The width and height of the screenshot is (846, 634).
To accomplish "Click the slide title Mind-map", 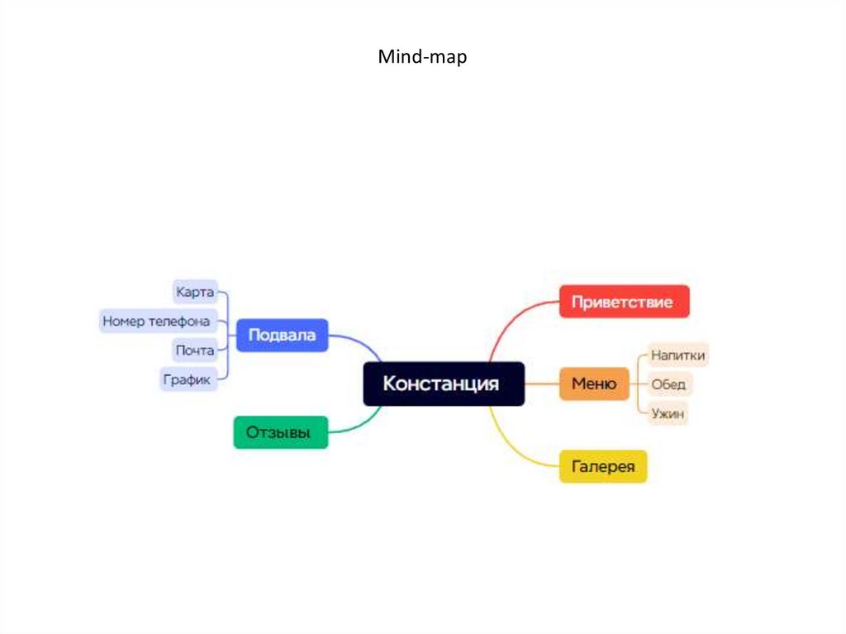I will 422,57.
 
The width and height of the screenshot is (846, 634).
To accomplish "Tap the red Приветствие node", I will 624,302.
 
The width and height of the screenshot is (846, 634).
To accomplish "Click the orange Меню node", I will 594,384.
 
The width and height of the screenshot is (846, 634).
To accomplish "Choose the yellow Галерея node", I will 603,467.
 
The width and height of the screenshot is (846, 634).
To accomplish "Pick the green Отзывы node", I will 280,432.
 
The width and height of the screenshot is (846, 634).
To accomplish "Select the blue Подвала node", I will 282,336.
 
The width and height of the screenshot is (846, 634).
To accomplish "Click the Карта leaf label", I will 195,292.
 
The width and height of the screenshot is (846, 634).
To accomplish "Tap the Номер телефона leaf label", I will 156,321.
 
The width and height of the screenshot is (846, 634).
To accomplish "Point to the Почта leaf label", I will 195,350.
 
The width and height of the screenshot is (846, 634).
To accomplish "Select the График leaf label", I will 188,379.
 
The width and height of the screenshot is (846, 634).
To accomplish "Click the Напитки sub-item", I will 677,355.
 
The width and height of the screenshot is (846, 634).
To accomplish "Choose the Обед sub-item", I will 668,384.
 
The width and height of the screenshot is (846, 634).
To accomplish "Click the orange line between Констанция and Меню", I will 542,384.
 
